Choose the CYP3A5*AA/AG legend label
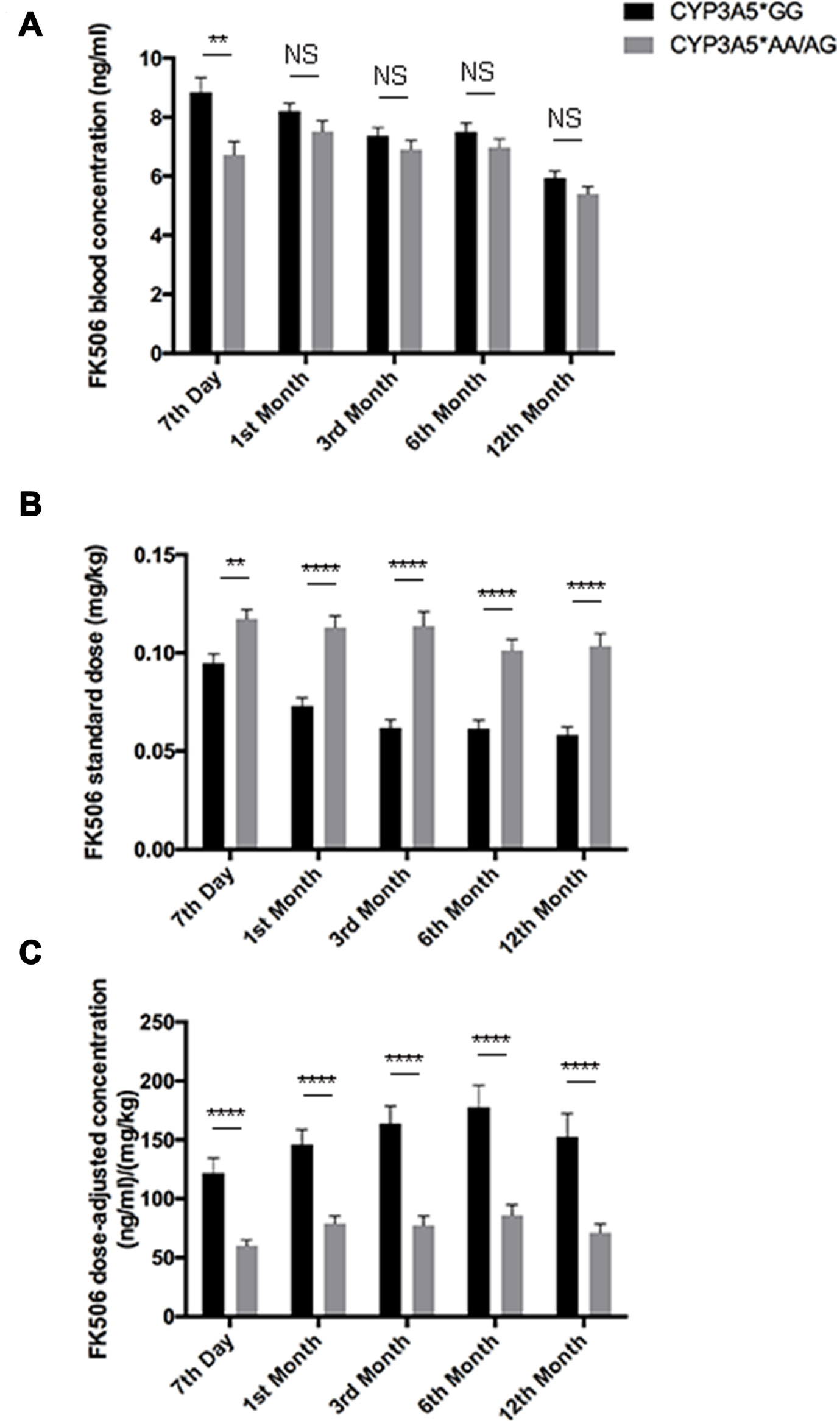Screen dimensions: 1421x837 [x=753, y=44]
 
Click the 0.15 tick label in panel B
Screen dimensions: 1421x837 [x=152, y=556]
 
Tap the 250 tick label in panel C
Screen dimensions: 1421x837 [x=157, y=1022]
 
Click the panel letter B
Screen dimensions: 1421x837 [x=30, y=505]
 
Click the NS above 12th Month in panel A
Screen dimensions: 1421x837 [x=565, y=118]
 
